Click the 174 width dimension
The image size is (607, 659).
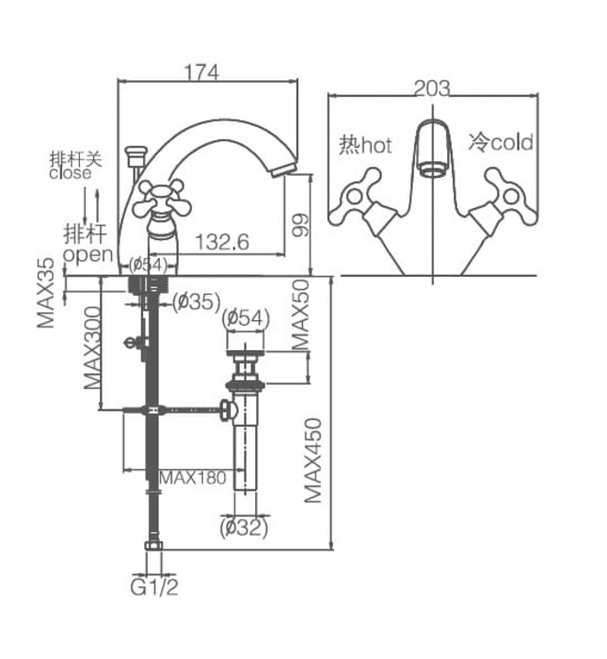[201, 72]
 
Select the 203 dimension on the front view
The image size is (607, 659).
[432, 88]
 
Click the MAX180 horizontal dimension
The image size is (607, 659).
[193, 477]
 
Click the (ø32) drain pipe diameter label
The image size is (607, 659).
[245, 528]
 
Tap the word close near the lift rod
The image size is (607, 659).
[71, 173]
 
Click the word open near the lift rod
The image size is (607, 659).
[87, 254]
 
